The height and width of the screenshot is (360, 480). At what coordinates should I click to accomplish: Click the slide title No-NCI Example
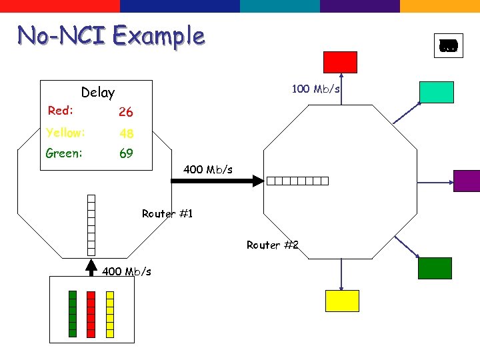click(111, 35)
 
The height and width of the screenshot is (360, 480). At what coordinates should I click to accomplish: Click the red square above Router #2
click(340, 62)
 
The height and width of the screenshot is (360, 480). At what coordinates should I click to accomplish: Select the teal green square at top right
click(436, 92)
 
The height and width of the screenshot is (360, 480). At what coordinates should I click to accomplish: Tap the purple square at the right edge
click(467, 181)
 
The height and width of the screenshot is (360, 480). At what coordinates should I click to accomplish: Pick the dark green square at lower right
click(435, 268)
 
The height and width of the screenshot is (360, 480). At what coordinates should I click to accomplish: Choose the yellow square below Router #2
click(342, 301)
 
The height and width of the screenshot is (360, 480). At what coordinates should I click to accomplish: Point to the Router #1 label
click(167, 214)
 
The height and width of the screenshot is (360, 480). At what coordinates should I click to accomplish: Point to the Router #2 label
click(272, 245)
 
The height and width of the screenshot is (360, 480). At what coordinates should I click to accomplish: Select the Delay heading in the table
click(97, 93)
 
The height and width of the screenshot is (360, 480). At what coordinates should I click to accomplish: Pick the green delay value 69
click(125, 153)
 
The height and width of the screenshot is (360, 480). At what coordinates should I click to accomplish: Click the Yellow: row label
click(65, 133)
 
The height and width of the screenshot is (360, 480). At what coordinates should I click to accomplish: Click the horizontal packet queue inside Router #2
click(298, 181)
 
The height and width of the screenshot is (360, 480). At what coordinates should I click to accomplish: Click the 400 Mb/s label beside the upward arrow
click(127, 271)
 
